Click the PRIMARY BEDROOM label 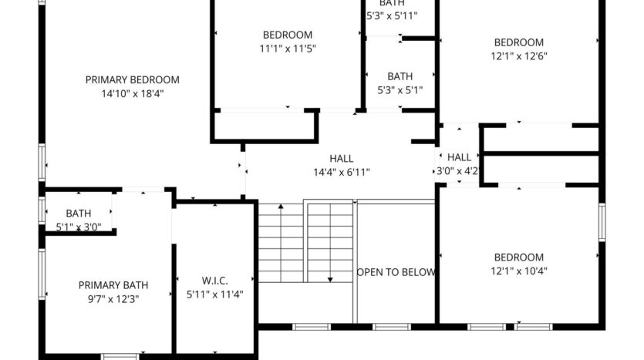pos(133,79)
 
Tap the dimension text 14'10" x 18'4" pos(133,93)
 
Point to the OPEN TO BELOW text pos(396,272)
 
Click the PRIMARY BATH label pos(113,284)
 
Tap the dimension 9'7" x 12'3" pos(113,298)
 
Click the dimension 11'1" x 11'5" pos(288,48)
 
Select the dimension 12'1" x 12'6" pos(519,56)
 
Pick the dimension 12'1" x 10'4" pos(518,271)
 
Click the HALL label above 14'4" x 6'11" pos(341,158)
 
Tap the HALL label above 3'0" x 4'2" pos(459,156)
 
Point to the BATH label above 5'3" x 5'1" pos(400,76)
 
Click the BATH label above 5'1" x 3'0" pos(79,214)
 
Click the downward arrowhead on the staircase pos(330,278)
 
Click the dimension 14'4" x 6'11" pos(341,172)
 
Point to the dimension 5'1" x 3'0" pos(79,227)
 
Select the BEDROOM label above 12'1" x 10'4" pos(518,257)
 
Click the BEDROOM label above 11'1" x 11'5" pos(288,34)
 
